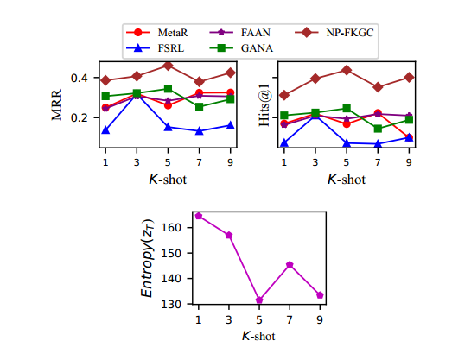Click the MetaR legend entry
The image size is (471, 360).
click(x=169, y=31)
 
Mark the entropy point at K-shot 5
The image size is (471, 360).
click(x=259, y=300)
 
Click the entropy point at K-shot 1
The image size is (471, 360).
click(x=199, y=216)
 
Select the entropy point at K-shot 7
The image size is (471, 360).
click(x=290, y=265)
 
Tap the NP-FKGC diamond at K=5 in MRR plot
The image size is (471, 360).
click(x=168, y=66)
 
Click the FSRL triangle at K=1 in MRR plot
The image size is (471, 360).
click(x=105, y=130)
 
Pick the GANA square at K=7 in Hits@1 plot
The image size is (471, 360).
click(x=378, y=129)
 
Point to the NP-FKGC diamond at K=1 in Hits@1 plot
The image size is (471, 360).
click(x=283, y=95)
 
